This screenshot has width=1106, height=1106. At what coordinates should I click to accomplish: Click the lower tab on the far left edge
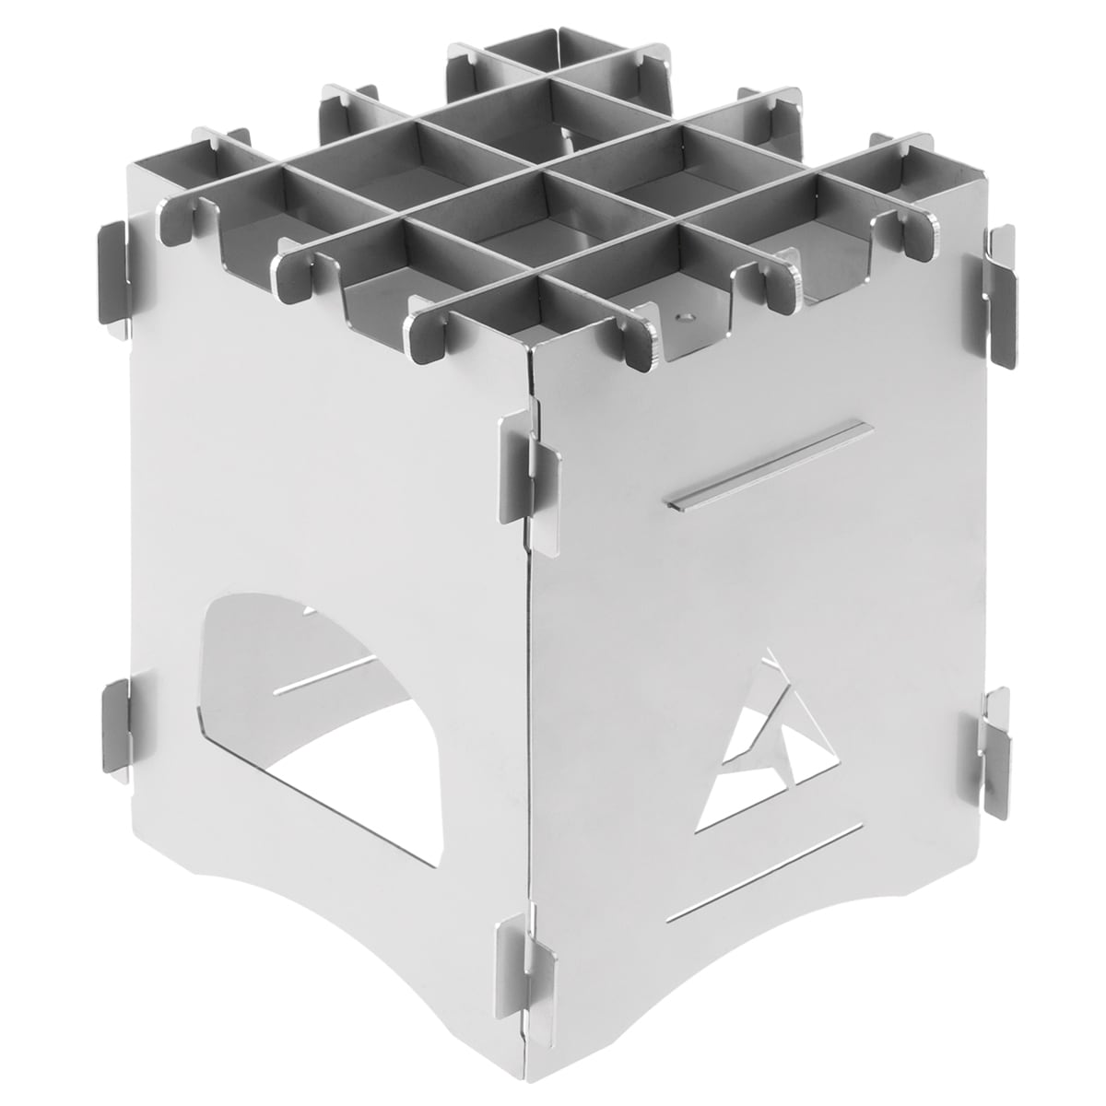pyautogui.click(x=115, y=728)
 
